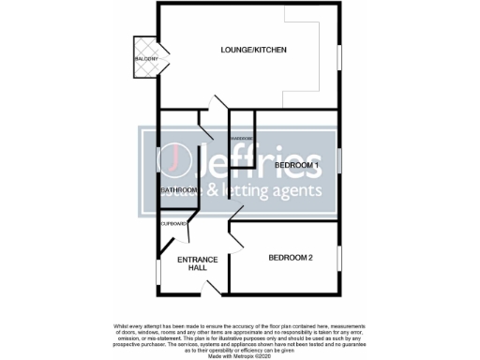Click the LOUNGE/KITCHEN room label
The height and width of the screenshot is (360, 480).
pyautogui.click(x=253, y=50)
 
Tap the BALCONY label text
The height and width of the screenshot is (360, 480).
pyautogui.click(x=145, y=59)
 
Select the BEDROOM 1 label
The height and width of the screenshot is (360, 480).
pyautogui.click(x=297, y=166)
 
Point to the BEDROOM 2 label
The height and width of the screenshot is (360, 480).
pyautogui.click(x=292, y=258)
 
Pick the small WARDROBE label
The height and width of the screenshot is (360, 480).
pyautogui.click(x=242, y=138)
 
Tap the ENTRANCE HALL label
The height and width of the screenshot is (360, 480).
pyautogui.click(x=197, y=263)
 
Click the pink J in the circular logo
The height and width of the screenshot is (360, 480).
pyautogui.click(x=175, y=161)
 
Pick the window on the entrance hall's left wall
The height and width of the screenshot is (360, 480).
pyautogui.click(x=157, y=271)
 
